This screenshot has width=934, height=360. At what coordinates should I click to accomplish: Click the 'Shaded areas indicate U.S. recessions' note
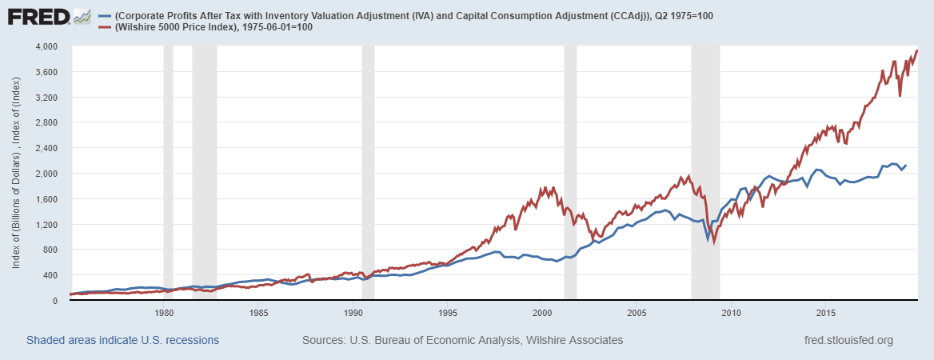[x=122, y=341]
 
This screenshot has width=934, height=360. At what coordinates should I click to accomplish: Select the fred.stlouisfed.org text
[x=848, y=341]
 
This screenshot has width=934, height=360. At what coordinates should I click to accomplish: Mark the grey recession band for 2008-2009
[x=705, y=172]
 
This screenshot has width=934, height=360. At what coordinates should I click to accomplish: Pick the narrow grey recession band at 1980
[x=168, y=172]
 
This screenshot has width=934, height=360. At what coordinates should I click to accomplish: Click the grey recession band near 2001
[x=570, y=172]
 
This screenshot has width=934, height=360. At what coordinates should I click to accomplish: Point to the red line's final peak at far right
[x=916, y=50]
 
